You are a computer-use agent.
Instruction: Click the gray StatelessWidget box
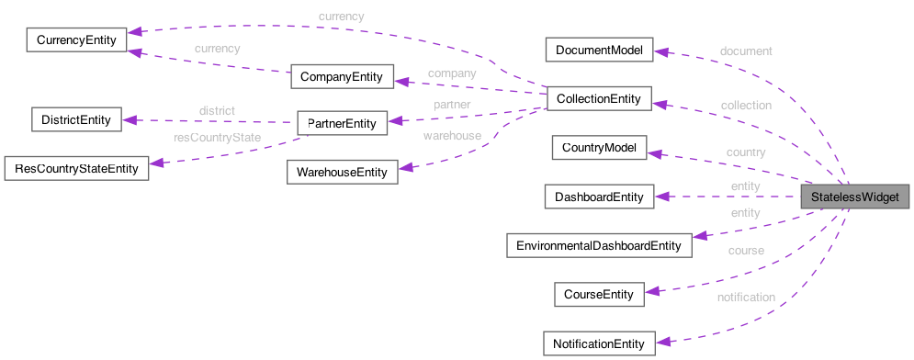[x=855, y=197]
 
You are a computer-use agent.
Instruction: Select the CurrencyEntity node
[x=75, y=40]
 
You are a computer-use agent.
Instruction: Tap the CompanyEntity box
[x=342, y=76]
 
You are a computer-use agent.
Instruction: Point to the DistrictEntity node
[x=75, y=119]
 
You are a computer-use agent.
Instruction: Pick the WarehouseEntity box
[x=342, y=172]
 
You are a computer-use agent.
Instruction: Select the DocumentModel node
[x=598, y=50]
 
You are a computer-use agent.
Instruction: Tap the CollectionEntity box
[x=598, y=98]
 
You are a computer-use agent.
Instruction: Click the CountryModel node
[x=598, y=147]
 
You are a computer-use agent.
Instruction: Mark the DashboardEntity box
[x=598, y=196]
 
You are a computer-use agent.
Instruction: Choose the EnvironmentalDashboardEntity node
[x=598, y=245]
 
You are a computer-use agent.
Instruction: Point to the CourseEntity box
[x=598, y=294]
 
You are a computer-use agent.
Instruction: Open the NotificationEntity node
[x=598, y=343]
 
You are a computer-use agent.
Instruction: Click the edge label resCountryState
[x=218, y=138]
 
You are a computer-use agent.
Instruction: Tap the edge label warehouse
[x=451, y=136]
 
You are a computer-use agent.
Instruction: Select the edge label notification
[x=746, y=297]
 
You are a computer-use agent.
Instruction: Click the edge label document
[x=746, y=51]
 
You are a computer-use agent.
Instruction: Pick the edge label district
[x=217, y=110]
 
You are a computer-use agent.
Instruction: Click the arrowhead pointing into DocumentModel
[x=660, y=52]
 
